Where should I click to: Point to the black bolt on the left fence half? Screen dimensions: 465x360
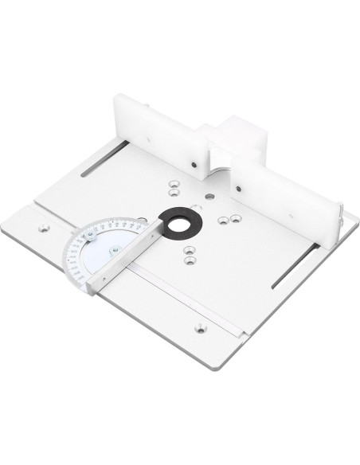(x=194, y=166)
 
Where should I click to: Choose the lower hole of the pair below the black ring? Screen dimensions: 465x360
(x=188, y=258)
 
